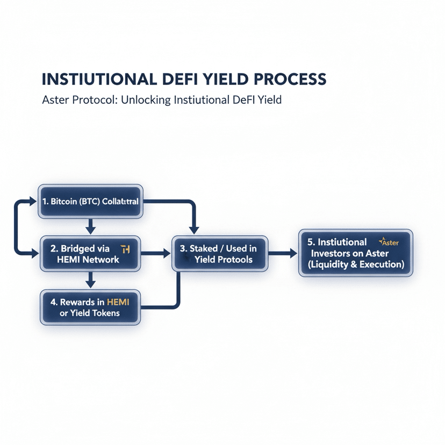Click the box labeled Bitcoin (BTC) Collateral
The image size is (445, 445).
click(x=90, y=202)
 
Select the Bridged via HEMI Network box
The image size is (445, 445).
click(x=90, y=254)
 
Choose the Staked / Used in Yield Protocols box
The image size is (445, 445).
click(x=219, y=254)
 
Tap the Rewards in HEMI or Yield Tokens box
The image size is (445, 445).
click(x=90, y=307)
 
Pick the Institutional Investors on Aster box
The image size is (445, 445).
click(x=355, y=253)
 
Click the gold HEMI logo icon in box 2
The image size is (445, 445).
click(x=126, y=248)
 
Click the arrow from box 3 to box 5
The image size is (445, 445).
click(x=283, y=253)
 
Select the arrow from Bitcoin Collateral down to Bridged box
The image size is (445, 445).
click(x=90, y=225)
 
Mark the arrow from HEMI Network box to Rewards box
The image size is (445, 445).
click(x=90, y=279)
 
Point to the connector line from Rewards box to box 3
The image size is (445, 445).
click(x=177, y=293)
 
